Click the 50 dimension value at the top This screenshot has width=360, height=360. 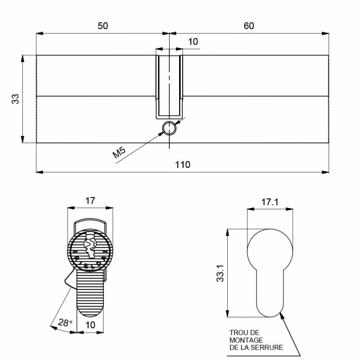click(x=103, y=26)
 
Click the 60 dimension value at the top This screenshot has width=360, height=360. click(x=249, y=26)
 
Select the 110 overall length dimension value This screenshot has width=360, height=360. click(x=183, y=165)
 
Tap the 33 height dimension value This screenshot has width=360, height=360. click(x=15, y=99)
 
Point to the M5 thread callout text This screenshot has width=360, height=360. click(x=119, y=152)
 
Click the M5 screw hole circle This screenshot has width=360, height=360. click(x=169, y=128)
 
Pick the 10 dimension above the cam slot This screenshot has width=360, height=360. click(x=193, y=42)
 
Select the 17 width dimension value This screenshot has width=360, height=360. click(x=90, y=201)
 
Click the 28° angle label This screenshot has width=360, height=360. click(x=65, y=323)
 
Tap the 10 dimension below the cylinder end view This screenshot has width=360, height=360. click(x=90, y=325)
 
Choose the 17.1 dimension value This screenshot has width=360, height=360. click(x=270, y=202)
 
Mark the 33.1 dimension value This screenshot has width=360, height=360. click(x=220, y=273)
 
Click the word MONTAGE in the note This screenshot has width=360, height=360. click(x=246, y=340)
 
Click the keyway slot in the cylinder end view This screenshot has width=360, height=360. click(x=90, y=246)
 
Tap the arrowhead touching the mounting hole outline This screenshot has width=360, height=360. click(x=282, y=316)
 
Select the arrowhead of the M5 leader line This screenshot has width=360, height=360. click(x=160, y=134)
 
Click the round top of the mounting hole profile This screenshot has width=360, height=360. click(x=270, y=229)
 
